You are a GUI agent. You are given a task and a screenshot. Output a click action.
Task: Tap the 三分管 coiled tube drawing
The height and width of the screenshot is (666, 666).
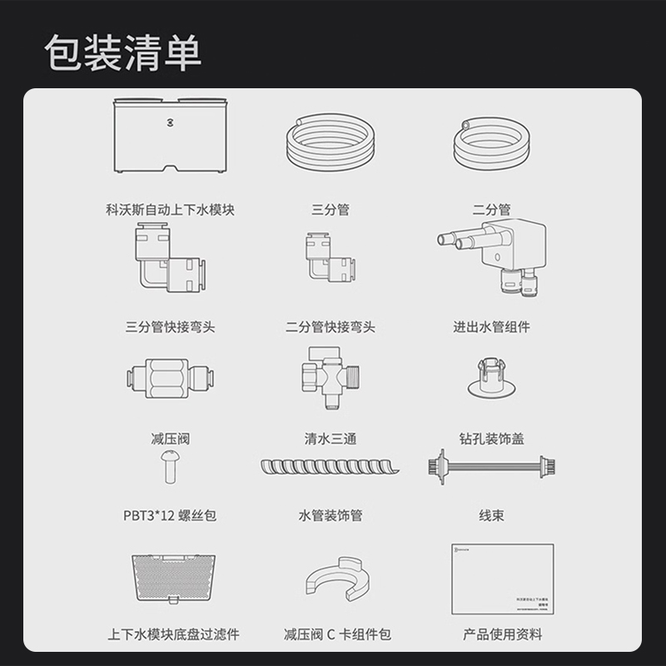click(331, 143)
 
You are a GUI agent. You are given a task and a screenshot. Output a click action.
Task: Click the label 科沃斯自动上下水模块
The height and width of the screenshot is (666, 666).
click(171, 210)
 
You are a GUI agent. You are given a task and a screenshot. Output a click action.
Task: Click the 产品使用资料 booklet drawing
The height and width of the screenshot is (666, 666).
click(495, 579)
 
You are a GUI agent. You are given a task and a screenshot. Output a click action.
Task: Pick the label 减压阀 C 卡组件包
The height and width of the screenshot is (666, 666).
click(336, 635)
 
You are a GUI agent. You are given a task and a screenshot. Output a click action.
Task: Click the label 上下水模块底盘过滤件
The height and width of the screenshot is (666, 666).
click(173, 635)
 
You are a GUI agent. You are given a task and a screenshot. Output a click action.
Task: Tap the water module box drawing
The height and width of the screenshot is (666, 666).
click(171, 134)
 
